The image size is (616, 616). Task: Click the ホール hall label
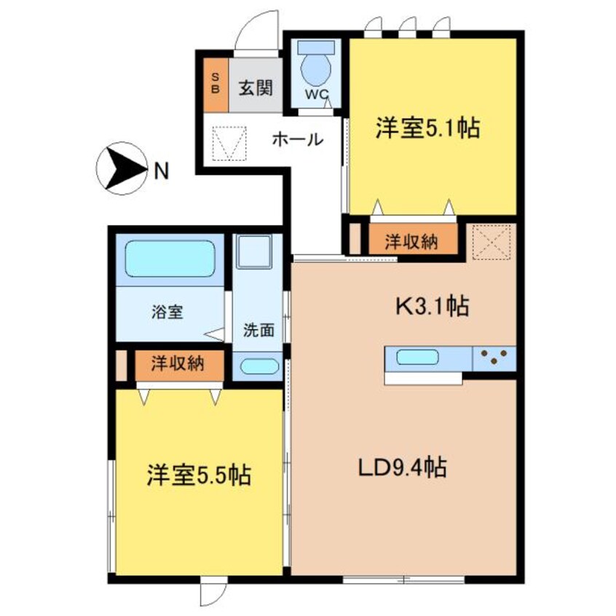tap(297, 139)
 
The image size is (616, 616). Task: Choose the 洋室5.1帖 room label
tap(427, 129)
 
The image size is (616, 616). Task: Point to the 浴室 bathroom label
tap(167, 312)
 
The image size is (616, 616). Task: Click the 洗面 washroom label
tap(258, 328)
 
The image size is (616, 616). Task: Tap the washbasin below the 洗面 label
tap(258, 366)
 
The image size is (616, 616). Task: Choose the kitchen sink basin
tap(418, 358)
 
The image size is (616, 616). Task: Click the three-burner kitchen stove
tap(495, 358)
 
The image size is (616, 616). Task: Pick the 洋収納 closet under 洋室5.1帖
tap(411, 242)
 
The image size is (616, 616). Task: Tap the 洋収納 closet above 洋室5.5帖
tap(178, 363)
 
